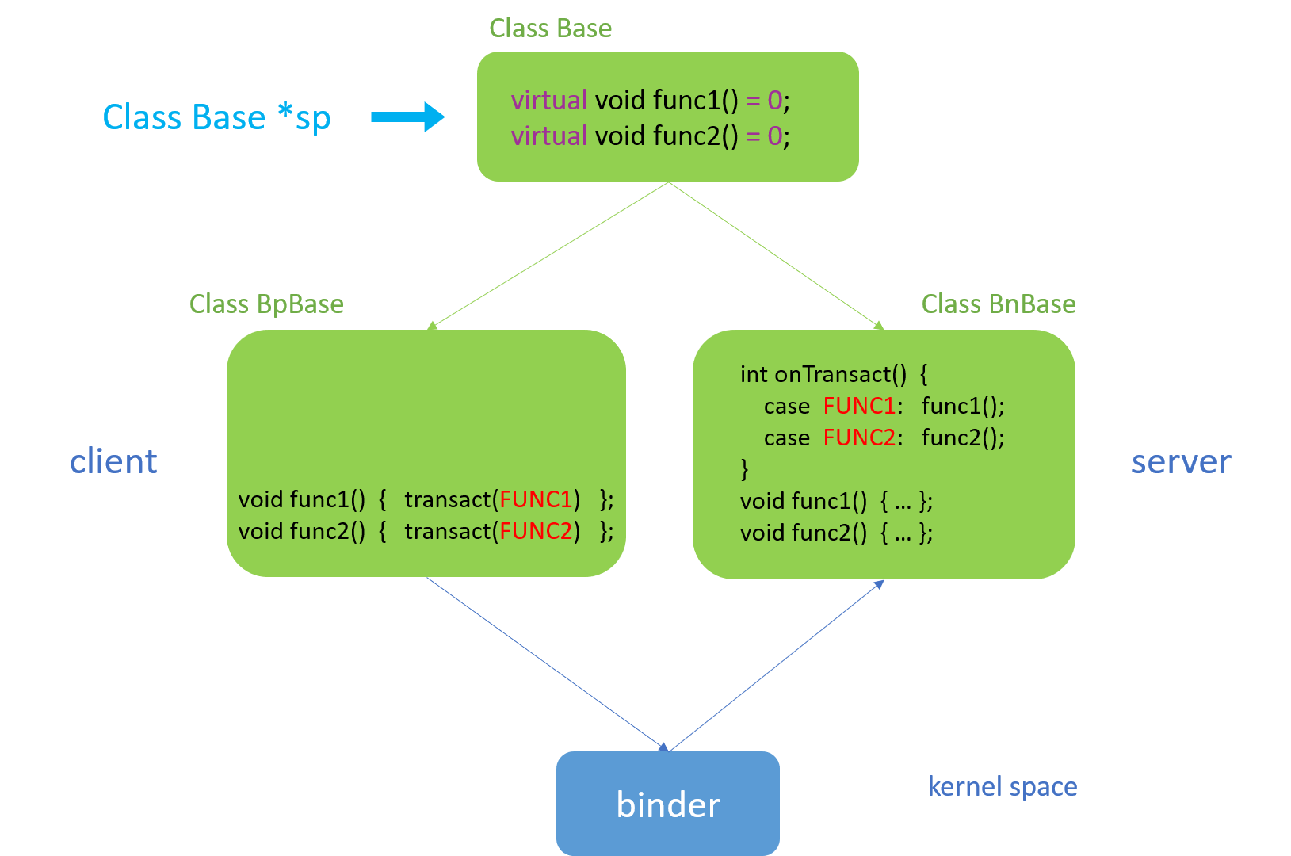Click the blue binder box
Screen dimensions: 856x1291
point(667,803)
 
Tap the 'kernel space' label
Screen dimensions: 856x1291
point(1002,786)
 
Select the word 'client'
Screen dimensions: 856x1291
point(113,461)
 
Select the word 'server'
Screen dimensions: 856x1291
point(1181,461)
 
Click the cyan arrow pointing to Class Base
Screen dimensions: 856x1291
point(407,117)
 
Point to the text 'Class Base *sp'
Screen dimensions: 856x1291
point(216,117)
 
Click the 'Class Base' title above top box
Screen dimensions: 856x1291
point(550,29)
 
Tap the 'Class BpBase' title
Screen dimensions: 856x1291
point(266,304)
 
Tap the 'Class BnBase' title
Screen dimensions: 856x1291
point(998,304)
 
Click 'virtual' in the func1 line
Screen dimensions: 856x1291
point(548,101)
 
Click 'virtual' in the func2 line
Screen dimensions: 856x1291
point(548,136)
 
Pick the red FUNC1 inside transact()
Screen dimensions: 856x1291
point(536,499)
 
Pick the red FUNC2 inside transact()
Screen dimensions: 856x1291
point(536,531)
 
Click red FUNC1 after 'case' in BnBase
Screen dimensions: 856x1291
point(859,406)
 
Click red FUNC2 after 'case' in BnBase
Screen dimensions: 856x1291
point(859,438)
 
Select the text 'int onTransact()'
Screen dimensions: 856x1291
point(823,374)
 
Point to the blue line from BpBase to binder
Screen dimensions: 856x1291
point(547,663)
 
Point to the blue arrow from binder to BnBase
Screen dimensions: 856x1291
point(777,666)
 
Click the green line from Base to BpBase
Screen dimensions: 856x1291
point(550,254)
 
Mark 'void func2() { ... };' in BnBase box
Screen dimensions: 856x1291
point(835,533)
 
